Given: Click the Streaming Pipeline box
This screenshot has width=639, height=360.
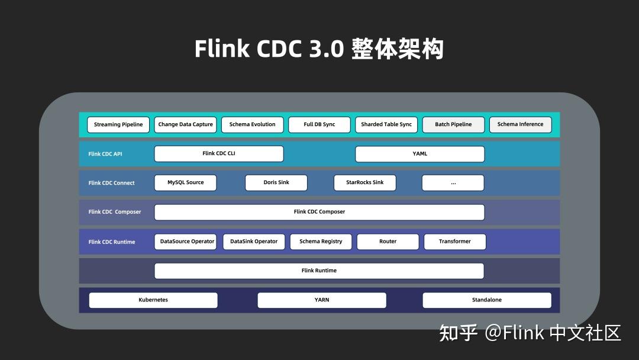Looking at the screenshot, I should click(118, 124).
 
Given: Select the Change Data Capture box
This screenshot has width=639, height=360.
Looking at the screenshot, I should click(185, 124).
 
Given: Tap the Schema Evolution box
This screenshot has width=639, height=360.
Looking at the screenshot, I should click(252, 124).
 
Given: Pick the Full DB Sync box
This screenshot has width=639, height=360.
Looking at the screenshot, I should click(319, 124).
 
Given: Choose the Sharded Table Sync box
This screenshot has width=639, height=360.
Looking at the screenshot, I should click(386, 124).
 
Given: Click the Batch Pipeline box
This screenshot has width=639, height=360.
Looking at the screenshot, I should click(453, 124).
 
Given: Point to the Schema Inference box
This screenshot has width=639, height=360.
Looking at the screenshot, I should click(520, 124).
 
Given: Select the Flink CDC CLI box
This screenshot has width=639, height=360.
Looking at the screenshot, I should click(219, 153).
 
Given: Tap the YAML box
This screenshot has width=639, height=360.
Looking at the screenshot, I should click(419, 153).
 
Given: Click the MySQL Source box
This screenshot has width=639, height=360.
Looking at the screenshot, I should click(185, 182).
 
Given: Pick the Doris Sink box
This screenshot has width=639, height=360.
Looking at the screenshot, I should click(276, 182).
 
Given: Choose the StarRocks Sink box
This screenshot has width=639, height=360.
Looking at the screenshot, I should click(364, 182).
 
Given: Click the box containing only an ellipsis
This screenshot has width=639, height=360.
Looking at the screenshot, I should click(453, 182).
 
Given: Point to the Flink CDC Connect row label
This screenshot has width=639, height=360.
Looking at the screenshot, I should click(111, 183).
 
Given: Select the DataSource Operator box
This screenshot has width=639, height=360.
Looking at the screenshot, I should click(187, 242).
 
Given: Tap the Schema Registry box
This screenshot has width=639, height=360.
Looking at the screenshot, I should click(321, 242).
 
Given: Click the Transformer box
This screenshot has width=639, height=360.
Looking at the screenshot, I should click(455, 242).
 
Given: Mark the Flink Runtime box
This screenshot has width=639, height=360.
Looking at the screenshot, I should click(319, 271).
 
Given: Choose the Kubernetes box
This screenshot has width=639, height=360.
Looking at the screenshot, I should click(153, 300).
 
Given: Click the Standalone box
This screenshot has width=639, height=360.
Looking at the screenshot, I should click(486, 300).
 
